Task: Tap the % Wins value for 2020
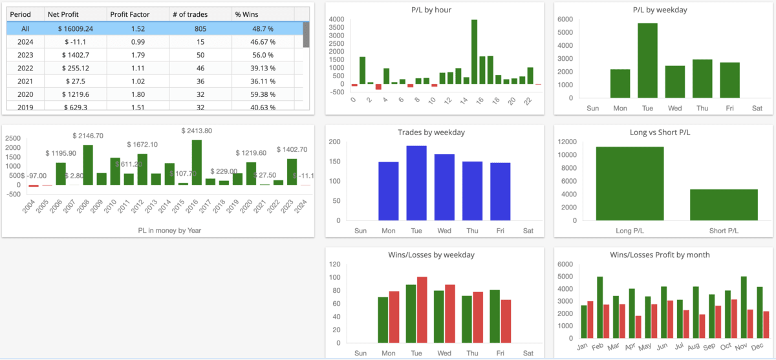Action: tap(263, 94)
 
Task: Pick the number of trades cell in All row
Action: tap(199, 28)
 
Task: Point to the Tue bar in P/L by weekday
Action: tap(647, 60)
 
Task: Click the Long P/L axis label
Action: tap(630, 230)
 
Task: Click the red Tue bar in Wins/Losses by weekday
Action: tap(422, 310)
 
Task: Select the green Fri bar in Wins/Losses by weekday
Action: tap(495, 316)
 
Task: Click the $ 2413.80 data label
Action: tap(197, 131)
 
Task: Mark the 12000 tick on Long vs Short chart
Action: tap(566, 142)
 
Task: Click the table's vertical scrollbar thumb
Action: tap(306, 34)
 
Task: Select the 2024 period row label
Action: tap(25, 41)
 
